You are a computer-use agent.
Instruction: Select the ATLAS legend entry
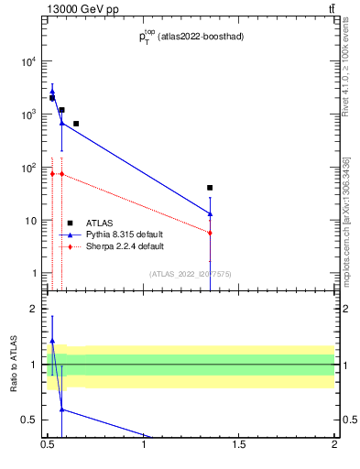point(99,223)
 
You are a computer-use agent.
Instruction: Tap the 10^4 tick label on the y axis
point(28,61)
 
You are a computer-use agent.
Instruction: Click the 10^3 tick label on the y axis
point(28,115)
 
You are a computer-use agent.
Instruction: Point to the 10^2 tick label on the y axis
point(28,168)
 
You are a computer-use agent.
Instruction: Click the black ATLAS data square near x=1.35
point(211,188)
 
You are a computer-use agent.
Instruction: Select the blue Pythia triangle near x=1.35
point(211,213)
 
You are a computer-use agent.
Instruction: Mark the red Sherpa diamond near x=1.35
point(211,233)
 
